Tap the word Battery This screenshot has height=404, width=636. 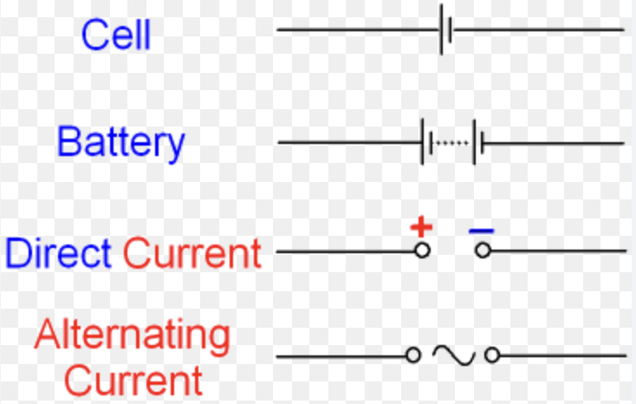pyautogui.click(x=121, y=142)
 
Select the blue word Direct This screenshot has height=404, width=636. pyautogui.click(x=58, y=253)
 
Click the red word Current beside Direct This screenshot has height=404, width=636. pyautogui.click(x=191, y=253)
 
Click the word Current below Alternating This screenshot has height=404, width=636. pyautogui.click(x=134, y=381)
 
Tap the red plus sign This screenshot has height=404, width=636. pyautogui.click(x=421, y=228)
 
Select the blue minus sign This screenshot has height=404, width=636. pyautogui.click(x=482, y=231)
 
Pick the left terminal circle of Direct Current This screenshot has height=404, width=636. pyautogui.click(x=423, y=251)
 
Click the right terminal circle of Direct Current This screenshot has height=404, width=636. pyautogui.click(x=483, y=251)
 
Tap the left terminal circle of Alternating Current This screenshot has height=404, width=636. pyautogui.click(x=413, y=355)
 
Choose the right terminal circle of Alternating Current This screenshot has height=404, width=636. pyautogui.click(x=492, y=355)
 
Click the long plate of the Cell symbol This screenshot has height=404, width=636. pyautogui.click(x=443, y=30)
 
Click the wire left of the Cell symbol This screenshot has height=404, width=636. pyautogui.click(x=355, y=30)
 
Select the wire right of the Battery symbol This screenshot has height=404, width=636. pyautogui.click(x=555, y=142)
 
